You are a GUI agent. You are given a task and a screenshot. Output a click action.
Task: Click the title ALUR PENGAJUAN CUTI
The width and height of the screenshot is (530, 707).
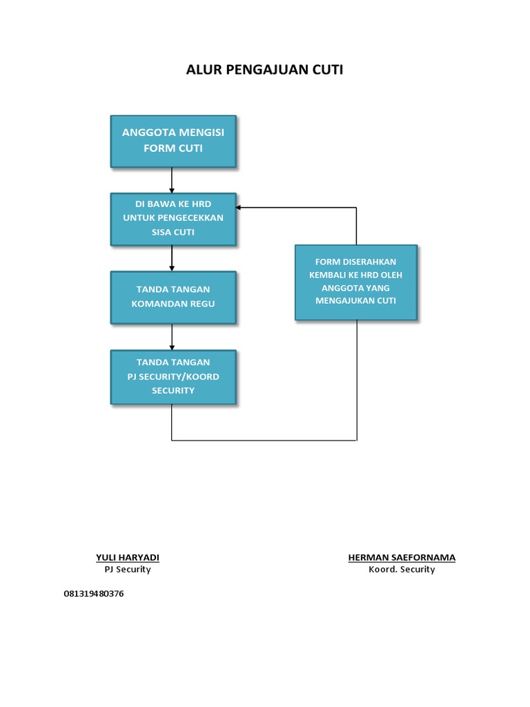coord(264,70)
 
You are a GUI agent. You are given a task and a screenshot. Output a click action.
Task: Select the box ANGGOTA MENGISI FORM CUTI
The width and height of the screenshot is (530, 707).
coord(173,141)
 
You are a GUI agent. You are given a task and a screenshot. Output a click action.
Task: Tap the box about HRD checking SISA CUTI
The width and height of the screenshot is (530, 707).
coord(173,219)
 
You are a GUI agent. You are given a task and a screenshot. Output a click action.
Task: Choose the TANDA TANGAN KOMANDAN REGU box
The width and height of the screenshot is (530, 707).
coord(173,297)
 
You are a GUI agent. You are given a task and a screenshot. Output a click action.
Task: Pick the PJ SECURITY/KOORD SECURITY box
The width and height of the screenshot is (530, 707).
coord(173,376)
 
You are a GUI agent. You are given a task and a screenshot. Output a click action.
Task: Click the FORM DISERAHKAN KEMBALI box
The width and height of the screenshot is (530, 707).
coord(355,282)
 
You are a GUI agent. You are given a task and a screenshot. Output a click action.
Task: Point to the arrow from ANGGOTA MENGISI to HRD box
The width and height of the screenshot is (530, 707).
coord(172,180)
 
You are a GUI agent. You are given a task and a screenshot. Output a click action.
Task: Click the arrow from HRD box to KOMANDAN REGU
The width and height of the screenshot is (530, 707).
coord(172,258)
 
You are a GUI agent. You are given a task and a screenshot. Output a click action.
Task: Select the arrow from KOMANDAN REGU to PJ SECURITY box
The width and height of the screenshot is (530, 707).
coord(172,337)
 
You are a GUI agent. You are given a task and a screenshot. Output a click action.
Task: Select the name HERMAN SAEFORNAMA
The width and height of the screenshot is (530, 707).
coord(402,558)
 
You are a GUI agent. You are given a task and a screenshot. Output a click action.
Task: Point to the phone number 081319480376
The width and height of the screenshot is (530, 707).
coord(94,594)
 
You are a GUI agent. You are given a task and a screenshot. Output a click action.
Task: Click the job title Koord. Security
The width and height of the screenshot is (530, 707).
coord(402,570)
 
